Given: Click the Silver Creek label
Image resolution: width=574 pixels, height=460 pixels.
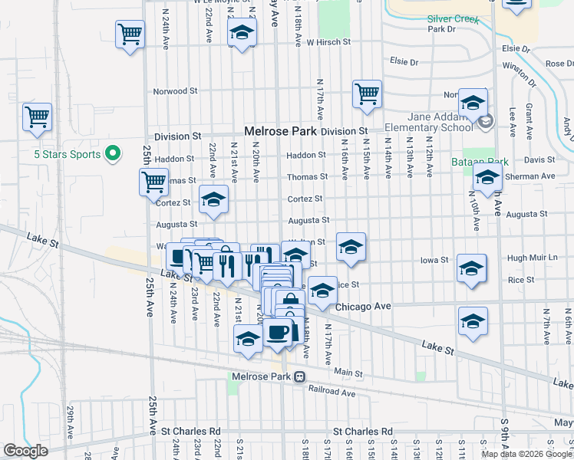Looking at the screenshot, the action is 442,18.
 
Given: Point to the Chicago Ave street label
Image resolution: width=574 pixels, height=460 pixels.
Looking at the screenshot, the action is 364,307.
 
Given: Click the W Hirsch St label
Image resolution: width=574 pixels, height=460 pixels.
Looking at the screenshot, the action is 328,42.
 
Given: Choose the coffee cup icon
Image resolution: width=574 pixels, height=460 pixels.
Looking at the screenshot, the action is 278,333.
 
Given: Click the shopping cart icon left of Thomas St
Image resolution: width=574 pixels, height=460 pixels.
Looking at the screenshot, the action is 153,182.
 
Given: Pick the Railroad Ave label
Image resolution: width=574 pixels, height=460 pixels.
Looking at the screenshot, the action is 332,393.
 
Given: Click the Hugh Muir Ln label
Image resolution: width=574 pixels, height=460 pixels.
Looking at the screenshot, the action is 532,260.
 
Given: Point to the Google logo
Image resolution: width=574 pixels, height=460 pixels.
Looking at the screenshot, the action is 25,451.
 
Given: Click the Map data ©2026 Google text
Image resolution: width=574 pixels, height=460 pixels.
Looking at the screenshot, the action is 526,453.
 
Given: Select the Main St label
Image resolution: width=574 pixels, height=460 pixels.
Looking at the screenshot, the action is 348,372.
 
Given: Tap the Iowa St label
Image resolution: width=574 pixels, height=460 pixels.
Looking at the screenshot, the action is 434,260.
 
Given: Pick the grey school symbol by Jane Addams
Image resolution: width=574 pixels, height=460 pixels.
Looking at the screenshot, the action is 485,122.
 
